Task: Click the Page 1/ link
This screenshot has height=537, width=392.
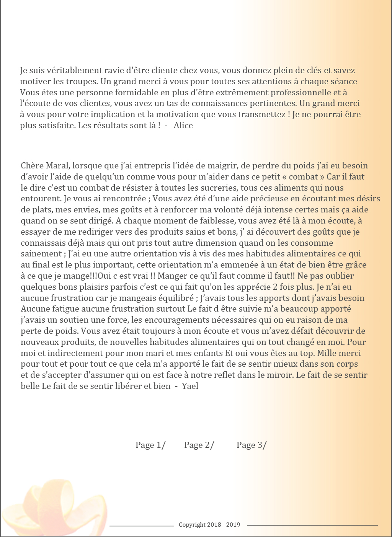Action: point(150,445)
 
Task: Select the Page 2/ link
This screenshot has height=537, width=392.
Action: point(199,445)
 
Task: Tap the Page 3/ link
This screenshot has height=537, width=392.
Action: point(251,445)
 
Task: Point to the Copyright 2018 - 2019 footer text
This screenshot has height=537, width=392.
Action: point(209,525)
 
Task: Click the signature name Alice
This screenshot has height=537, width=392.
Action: point(183,126)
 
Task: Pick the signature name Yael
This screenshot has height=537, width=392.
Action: point(190,386)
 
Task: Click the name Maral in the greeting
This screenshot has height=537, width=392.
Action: point(57,166)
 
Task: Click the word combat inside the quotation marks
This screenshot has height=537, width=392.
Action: point(303,177)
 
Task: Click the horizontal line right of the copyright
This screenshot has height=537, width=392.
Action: point(312,525)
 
